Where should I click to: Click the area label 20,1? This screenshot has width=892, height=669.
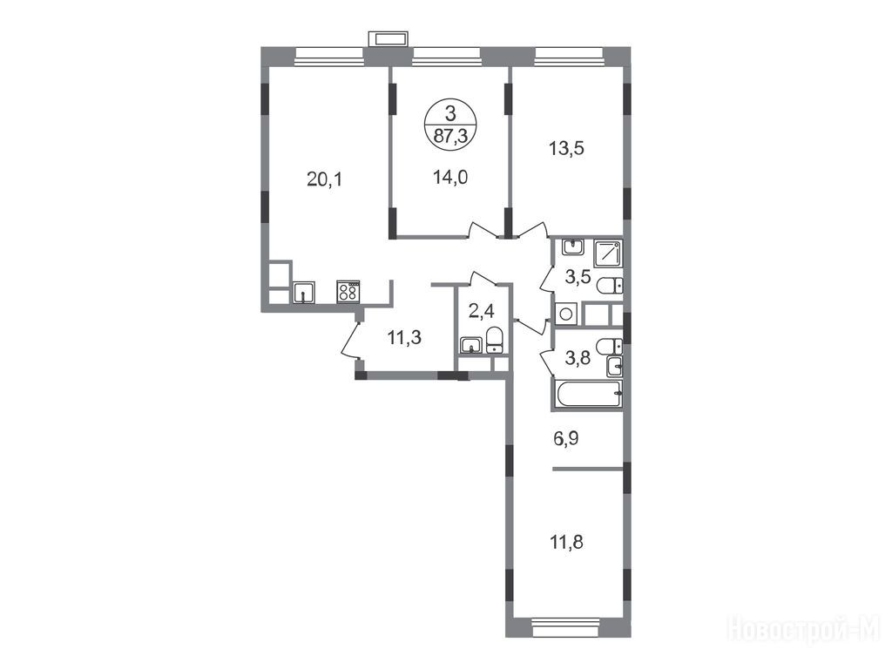[324, 179]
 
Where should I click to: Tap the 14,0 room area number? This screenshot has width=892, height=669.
[450, 178]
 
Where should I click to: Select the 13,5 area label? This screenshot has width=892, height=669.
[566, 148]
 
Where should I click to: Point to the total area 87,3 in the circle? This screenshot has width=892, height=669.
[450, 135]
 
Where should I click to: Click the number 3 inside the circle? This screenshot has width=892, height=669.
[450, 114]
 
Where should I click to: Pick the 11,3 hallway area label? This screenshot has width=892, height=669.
[404, 338]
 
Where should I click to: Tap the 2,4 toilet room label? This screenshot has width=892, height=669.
[481, 311]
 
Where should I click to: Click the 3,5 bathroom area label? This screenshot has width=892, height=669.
[578, 277]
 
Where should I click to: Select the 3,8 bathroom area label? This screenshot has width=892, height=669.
[578, 358]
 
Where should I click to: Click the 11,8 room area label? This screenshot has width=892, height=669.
[566, 542]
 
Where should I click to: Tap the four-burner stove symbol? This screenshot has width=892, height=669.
[348, 292]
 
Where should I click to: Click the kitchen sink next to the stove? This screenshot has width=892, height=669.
[304, 293]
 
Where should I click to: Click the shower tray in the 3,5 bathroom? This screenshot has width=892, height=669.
[607, 253]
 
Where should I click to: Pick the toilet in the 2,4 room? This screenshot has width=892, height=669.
[495, 341]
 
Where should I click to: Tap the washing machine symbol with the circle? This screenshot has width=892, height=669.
[566, 314]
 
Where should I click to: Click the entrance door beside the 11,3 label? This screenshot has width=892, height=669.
[350, 341]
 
